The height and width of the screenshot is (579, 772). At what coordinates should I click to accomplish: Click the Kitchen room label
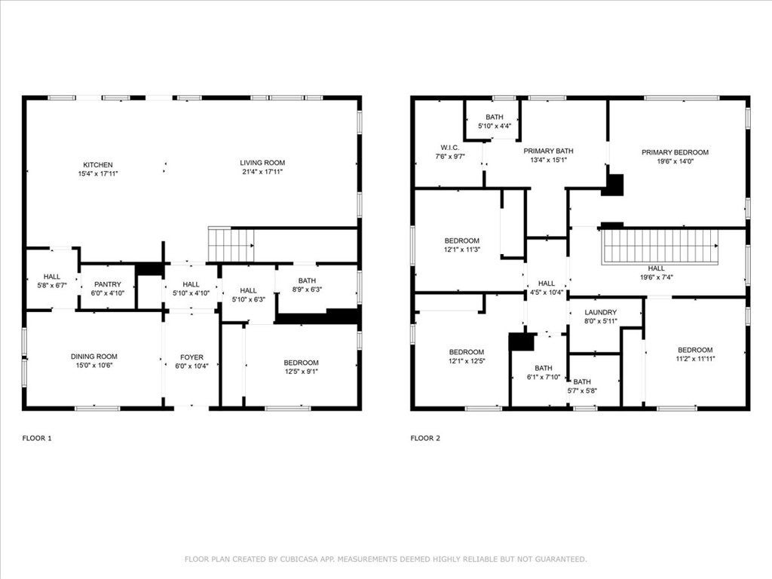[x=98, y=164]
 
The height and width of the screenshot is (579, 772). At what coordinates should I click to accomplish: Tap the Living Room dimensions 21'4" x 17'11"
[x=262, y=173]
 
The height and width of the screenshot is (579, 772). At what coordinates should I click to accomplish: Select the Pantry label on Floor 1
[x=107, y=284]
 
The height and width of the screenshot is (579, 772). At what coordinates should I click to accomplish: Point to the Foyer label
[x=191, y=357]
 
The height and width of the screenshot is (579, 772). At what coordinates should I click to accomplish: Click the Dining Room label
[x=94, y=357]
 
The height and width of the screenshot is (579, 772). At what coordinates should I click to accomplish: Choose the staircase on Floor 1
[x=231, y=245]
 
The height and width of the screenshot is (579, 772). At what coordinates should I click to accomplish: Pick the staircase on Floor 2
[x=659, y=247]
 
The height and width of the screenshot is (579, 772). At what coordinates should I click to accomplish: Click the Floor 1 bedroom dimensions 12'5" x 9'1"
[x=301, y=372]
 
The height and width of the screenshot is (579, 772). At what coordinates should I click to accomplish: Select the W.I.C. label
[x=450, y=147]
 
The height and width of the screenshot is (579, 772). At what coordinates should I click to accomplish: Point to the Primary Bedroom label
[x=675, y=152]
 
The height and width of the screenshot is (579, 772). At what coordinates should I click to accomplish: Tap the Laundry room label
[x=601, y=312]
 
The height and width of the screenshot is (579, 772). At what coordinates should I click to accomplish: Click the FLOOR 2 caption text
[x=425, y=438]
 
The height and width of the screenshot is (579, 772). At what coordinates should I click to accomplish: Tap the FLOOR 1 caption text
[x=37, y=438]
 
